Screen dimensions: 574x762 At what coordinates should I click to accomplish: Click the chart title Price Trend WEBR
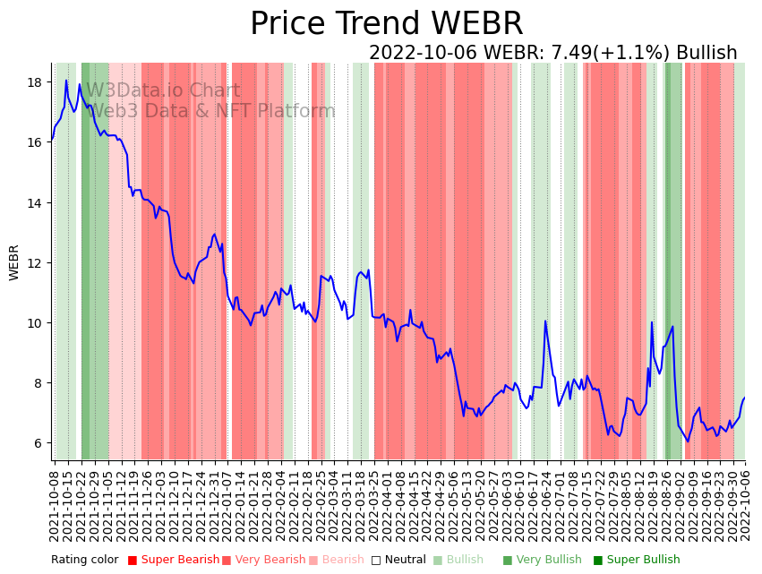386,24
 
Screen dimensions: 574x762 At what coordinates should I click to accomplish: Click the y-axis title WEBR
14,261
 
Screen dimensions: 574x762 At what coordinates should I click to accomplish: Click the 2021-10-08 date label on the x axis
55,505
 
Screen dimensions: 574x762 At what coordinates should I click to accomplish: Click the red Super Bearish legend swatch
133,561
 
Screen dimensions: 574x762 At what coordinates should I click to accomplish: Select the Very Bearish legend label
269,561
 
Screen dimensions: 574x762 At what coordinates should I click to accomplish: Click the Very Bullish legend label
547,561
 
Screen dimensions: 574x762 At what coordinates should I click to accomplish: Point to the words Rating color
84,561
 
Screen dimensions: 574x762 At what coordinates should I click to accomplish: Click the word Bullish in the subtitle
706,53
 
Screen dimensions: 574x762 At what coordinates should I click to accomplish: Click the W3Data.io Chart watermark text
163,90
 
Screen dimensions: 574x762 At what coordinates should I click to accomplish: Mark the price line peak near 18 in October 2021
65,81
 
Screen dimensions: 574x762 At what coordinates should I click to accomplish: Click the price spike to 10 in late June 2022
545,321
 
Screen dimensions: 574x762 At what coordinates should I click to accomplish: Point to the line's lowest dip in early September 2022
688,441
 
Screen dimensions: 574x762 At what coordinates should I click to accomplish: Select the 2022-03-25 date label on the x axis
372,505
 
